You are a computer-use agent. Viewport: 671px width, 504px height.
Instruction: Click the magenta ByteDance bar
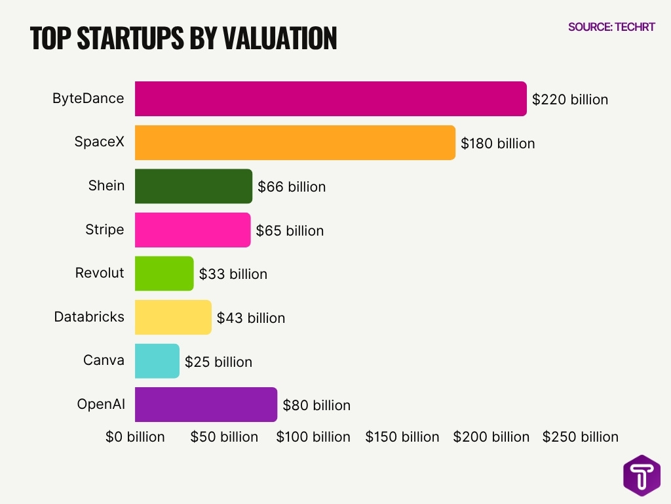[x=330, y=99]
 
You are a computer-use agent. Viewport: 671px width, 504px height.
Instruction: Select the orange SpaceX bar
[x=295, y=142]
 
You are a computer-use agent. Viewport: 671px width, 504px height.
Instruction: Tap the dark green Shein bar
[x=193, y=186]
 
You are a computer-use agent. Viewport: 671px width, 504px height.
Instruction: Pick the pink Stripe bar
[x=193, y=230]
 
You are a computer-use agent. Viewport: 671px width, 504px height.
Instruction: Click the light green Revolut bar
[x=164, y=274]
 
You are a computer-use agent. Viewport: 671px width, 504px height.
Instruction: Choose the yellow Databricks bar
[x=173, y=318]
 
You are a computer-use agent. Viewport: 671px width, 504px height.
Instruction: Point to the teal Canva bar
[x=157, y=361]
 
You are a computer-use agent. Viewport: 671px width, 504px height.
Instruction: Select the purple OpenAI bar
[x=206, y=405]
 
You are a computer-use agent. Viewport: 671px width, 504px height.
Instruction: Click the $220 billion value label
[x=570, y=100]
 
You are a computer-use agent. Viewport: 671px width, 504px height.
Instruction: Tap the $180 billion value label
[x=498, y=143]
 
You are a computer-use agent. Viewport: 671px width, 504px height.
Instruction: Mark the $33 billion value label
[x=233, y=274]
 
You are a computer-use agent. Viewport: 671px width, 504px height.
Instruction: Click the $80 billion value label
[x=316, y=406]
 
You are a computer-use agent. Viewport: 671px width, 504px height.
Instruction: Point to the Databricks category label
[x=89, y=317]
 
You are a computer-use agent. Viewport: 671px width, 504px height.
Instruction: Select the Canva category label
[x=104, y=360]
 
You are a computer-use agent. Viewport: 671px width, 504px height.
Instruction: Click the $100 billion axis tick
[x=313, y=437]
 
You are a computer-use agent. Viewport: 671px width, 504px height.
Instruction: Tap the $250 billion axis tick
[x=580, y=437]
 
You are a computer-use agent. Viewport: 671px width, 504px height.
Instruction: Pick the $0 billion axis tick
[x=135, y=437]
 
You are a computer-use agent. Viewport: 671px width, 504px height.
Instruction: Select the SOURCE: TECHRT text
[x=611, y=28]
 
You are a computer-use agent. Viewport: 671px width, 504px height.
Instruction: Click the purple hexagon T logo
[x=642, y=475]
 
